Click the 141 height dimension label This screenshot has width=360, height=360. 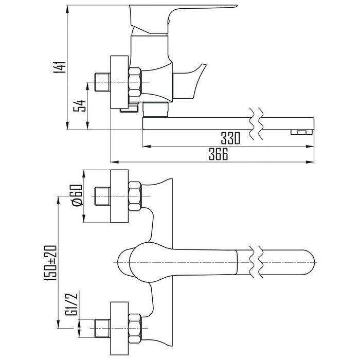tap(61, 67)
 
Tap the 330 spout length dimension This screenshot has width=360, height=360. tap(230, 138)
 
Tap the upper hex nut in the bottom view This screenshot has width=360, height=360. tap(135, 196)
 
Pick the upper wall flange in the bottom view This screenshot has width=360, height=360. tap(119, 196)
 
